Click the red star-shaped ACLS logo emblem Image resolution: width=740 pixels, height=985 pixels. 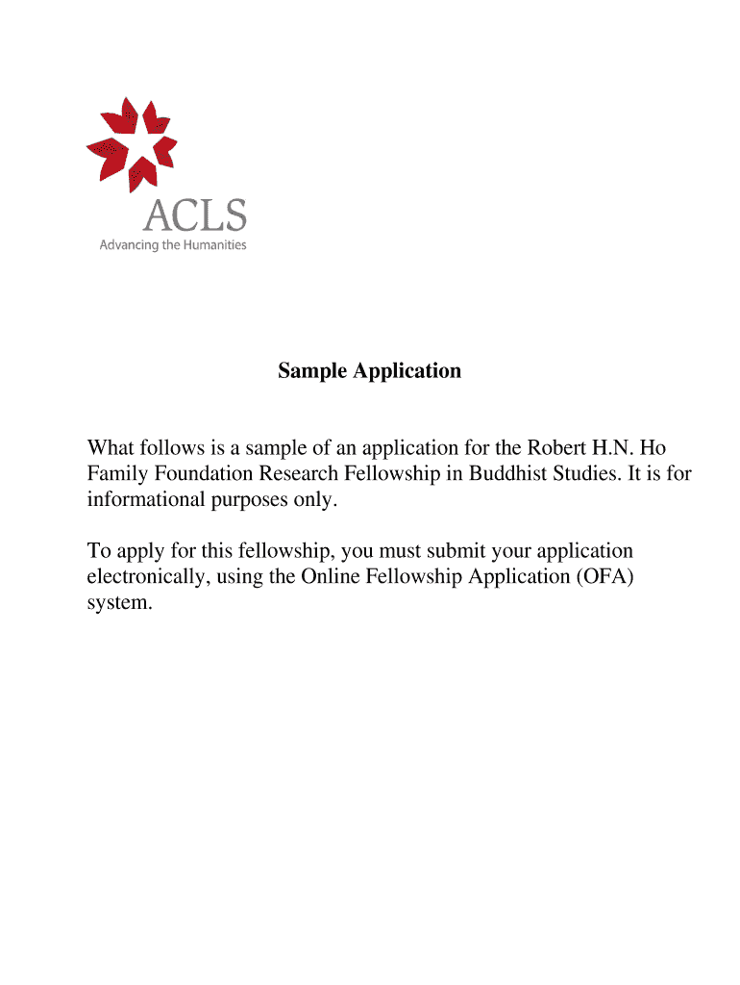[x=132, y=141]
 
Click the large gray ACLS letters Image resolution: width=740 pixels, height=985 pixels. [x=195, y=214]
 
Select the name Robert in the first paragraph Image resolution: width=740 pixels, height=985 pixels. [x=555, y=448]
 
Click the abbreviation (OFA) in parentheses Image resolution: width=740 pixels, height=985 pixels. [x=602, y=577]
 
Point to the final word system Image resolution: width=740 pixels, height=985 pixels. [x=117, y=604]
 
